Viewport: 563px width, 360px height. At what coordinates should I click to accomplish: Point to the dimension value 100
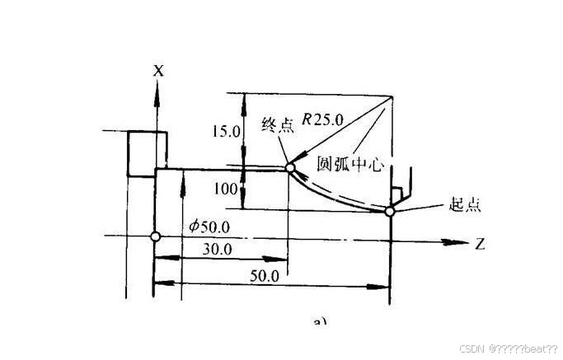click(226, 189)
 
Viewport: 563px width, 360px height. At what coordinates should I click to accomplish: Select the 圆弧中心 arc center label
click(351, 164)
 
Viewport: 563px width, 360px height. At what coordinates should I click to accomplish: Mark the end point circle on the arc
click(289, 168)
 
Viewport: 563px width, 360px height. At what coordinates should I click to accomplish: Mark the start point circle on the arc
click(390, 212)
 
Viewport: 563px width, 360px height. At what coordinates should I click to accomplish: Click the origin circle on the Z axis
click(155, 237)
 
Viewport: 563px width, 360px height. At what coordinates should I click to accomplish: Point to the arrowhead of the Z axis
click(453, 242)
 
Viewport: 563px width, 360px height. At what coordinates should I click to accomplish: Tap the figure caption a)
click(321, 320)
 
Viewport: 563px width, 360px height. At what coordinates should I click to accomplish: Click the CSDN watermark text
click(508, 349)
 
